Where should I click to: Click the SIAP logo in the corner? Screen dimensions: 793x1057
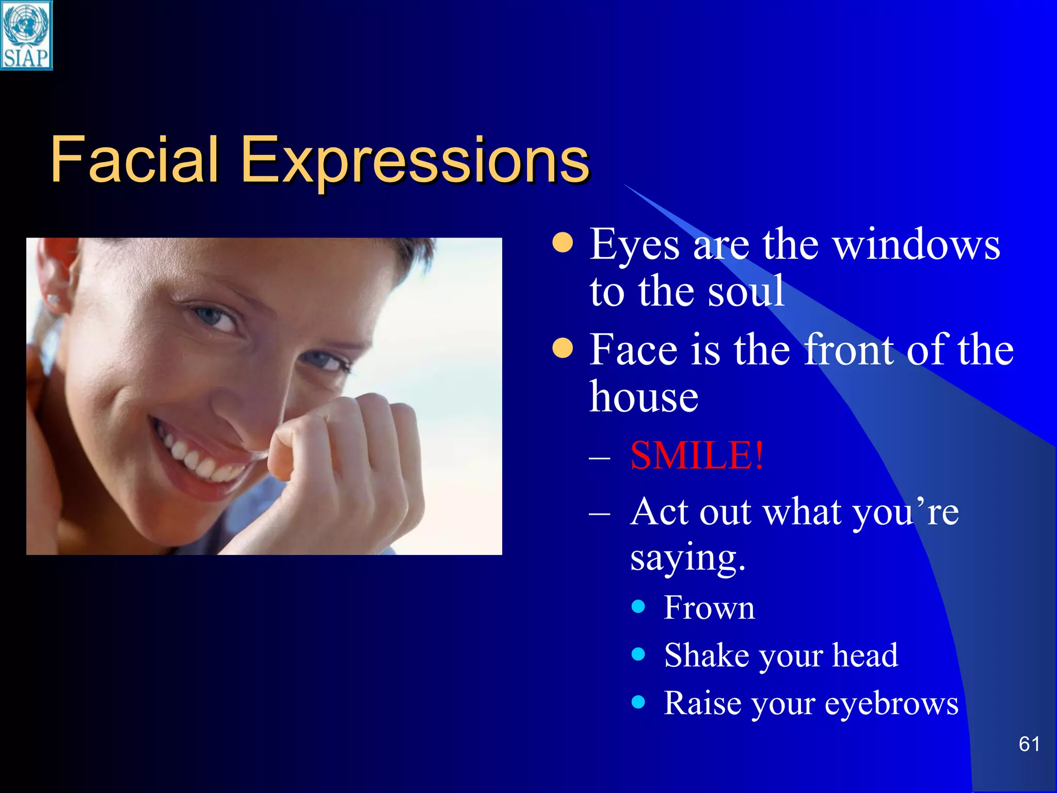click(x=26, y=35)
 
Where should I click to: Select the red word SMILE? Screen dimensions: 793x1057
click(x=696, y=455)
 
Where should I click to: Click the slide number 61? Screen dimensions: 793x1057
click(x=1029, y=744)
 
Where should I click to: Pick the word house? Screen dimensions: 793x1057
click(x=644, y=397)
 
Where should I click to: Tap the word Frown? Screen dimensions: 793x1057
click(x=709, y=607)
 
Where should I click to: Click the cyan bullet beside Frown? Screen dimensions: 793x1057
click(x=638, y=606)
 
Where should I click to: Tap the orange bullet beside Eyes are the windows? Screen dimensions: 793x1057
click(x=562, y=243)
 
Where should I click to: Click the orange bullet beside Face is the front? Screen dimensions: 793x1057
click(x=562, y=348)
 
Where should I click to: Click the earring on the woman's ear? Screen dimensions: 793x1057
click(x=53, y=298)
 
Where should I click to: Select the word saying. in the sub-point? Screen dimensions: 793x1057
click(x=687, y=559)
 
